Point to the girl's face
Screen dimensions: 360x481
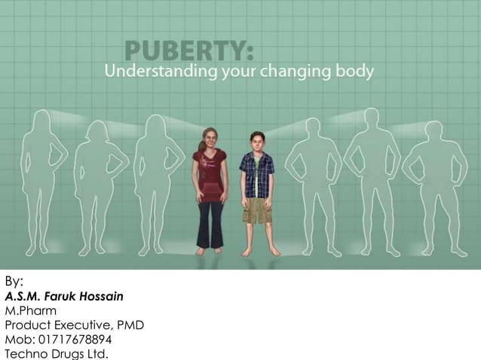(x=207, y=140)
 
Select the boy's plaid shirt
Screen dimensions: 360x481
(x=256, y=173)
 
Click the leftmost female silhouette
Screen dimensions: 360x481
(x=44, y=181)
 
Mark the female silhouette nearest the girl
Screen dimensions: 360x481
(x=157, y=181)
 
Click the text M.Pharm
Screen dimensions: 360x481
(x=31, y=310)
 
